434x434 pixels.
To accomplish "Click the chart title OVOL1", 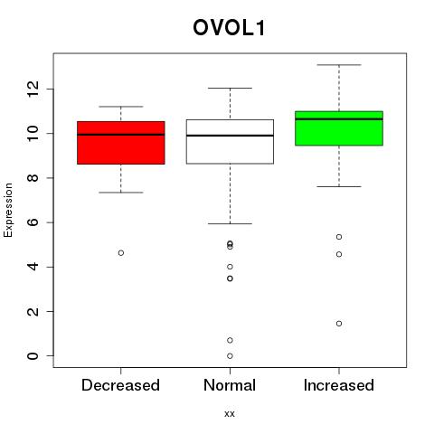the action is click(229, 28).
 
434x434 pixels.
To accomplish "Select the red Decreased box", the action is click(121, 143).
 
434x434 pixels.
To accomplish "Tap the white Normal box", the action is click(230, 142).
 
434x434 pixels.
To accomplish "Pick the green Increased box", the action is click(339, 128).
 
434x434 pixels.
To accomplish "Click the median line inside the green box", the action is click(339, 119).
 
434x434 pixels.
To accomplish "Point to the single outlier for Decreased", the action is click(121, 253).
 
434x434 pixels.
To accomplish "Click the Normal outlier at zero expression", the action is click(230, 356).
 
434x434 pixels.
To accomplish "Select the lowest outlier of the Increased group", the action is click(339, 324).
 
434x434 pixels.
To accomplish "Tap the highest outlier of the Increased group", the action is click(339, 237).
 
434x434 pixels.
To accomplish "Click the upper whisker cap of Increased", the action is click(339, 65).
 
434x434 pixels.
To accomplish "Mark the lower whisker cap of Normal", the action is click(230, 223).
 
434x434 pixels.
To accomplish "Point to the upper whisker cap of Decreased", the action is click(121, 107).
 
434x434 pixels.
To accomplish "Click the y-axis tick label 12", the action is click(33, 90).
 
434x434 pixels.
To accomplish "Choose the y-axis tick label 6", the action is click(33, 222).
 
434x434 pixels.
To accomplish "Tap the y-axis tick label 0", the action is click(33, 356).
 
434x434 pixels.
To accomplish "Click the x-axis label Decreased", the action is click(120, 385).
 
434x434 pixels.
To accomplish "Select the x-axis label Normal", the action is click(230, 385).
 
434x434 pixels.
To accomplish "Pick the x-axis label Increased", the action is click(339, 385).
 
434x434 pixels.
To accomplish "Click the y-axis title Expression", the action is click(8, 210).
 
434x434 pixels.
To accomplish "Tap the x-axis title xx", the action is click(230, 414).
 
